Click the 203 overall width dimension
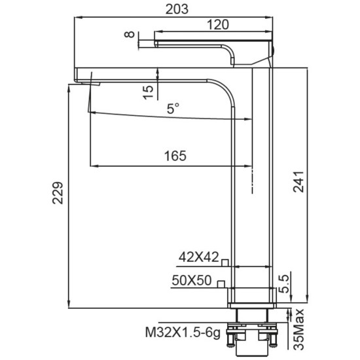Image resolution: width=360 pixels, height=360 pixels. (177, 9)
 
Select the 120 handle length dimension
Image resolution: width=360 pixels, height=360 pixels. (218, 25)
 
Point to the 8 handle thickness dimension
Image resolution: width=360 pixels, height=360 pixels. (130, 35)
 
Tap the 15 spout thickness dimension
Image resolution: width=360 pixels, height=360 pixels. (149, 92)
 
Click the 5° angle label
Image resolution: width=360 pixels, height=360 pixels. (173, 109)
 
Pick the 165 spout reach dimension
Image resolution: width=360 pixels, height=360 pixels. (175, 156)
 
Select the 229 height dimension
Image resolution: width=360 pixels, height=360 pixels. (58, 193)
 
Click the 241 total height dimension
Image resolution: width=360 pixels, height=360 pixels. (298, 181)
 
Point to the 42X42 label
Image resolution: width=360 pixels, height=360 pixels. (199, 257)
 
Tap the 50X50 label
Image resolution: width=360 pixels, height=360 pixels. (192, 280)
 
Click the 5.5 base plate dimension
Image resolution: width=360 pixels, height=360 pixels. (284, 284)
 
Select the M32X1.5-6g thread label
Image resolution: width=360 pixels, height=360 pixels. (183, 333)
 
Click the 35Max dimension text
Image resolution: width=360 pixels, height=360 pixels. (299, 330)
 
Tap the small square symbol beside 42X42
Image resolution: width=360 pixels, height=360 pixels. (225, 262)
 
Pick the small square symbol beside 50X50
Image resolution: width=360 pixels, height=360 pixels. (221, 284)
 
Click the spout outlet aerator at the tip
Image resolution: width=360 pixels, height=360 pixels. (91, 84)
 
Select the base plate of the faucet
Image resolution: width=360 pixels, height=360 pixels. (252, 306)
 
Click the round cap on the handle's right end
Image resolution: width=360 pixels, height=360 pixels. (273, 50)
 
